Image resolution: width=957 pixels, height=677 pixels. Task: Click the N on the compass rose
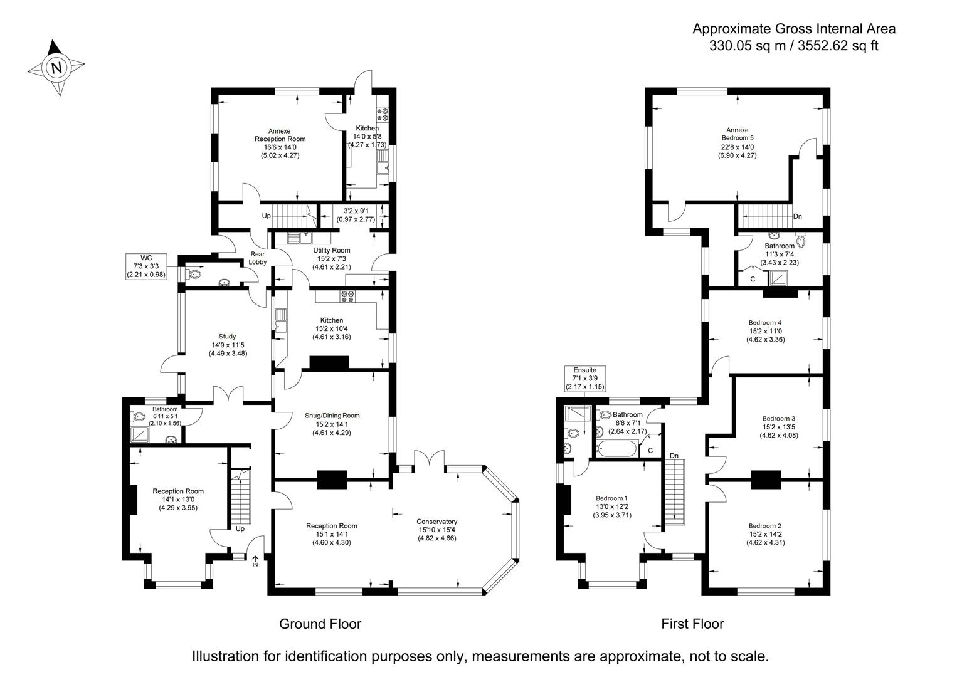[x=56, y=68]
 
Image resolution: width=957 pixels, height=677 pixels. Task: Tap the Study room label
[x=227, y=337]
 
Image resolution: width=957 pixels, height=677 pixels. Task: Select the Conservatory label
[x=436, y=522]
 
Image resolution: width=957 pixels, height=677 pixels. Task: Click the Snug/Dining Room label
[x=332, y=416]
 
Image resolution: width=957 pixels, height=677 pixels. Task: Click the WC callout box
[x=146, y=266]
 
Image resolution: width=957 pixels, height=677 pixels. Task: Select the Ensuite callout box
[x=585, y=379]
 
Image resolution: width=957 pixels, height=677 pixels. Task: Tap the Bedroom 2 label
[x=765, y=526]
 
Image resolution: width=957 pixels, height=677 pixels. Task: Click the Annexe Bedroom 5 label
[x=738, y=134]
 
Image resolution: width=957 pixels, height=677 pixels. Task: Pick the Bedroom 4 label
[x=765, y=323]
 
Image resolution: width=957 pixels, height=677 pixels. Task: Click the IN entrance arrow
[x=255, y=561]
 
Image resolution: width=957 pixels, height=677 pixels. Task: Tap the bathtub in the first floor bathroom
[x=617, y=449]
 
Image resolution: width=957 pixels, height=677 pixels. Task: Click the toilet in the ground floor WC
[x=194, y=274]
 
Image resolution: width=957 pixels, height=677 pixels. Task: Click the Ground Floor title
[x=320, y=624]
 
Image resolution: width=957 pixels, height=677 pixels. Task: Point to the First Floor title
[x=692, y=624]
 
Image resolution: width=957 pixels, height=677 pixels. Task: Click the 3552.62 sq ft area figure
[x=838, y=46]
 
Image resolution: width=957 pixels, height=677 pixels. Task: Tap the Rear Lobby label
[x=258, y=258]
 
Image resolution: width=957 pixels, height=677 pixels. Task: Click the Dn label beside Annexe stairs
[x=797, y=216]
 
